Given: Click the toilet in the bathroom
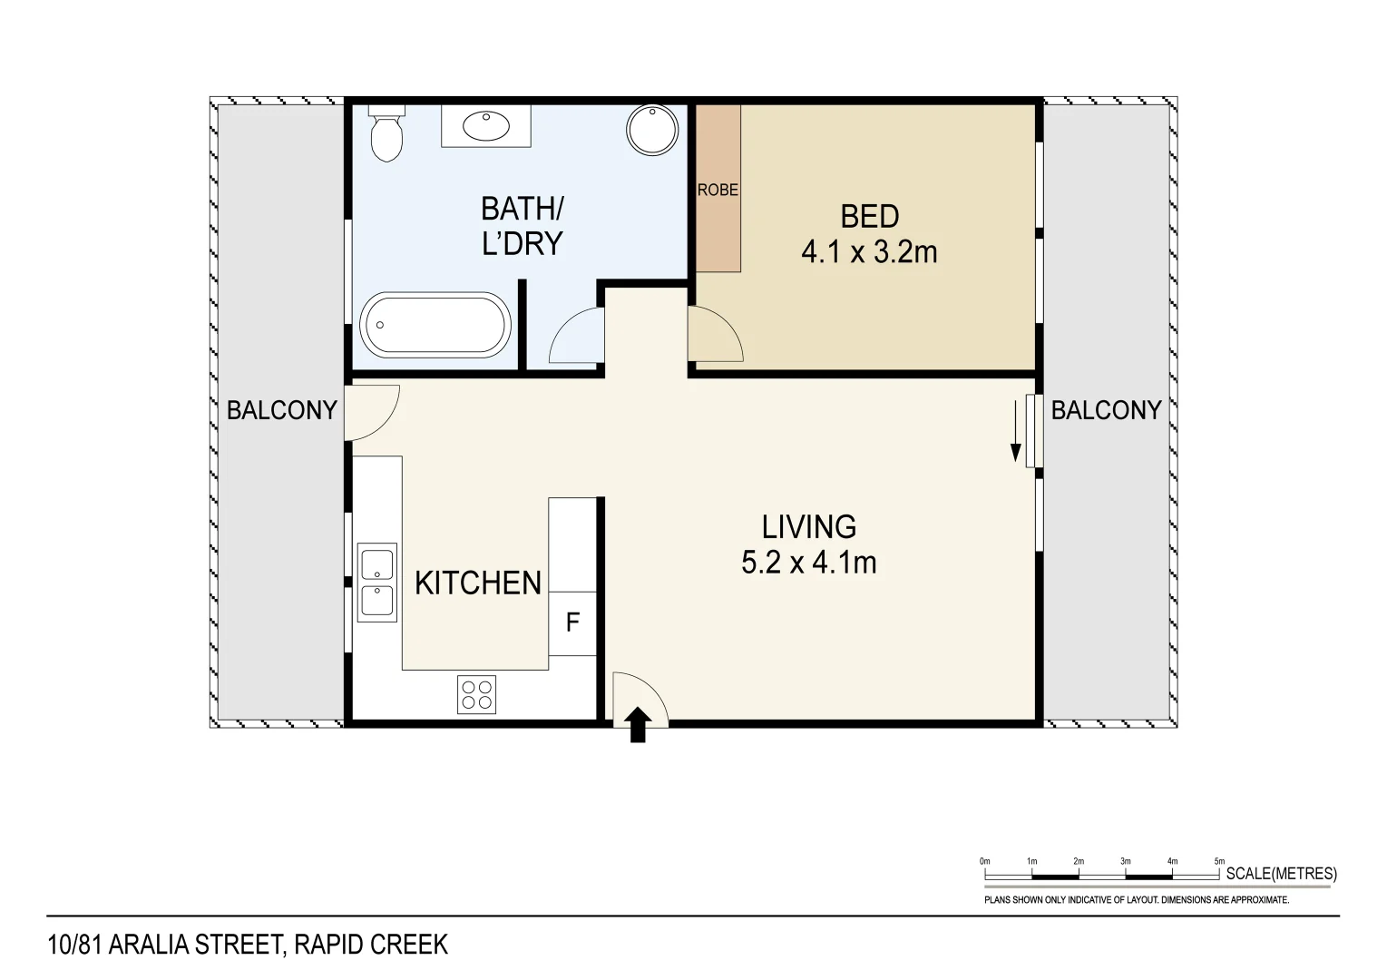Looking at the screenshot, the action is tap(386, 133).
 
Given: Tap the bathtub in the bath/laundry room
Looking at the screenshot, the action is tap(435, 325).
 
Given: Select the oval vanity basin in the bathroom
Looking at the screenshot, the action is tap(486, 126).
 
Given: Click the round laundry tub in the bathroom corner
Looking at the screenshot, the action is tap(652, 130).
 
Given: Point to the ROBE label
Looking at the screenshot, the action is tap(718, 190).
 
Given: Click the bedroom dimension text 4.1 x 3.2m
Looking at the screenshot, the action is tap(869, 253).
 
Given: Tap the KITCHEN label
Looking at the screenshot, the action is tap(477, 583).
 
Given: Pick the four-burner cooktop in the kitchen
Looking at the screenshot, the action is tap(477, 694).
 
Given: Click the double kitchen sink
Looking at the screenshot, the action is tap(377, 583).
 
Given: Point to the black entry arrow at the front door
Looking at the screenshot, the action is tap(638, 725).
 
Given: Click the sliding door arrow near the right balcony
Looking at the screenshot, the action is tap(1015, 431).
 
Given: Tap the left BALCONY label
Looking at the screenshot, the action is tap(282, 410).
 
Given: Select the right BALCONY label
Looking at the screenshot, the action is tap(1106, 410).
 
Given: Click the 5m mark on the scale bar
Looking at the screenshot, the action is tap(1219, 861).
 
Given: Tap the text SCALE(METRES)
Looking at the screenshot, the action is tap(1281, 874).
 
